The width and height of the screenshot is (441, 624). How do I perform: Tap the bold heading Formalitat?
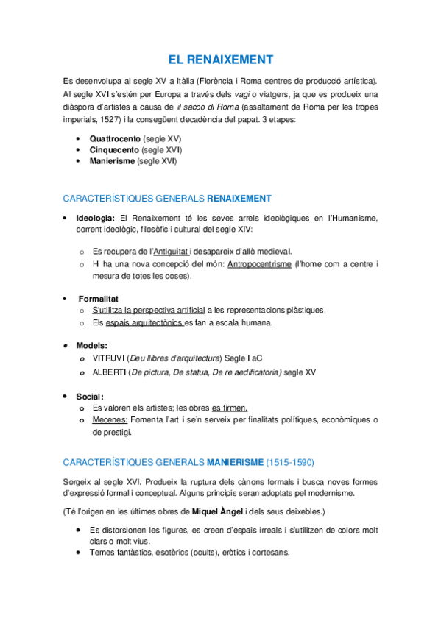pyautogui.click(x=98, y=299)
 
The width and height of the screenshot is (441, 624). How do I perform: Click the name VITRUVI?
pyautogui.click(x=107, y=358)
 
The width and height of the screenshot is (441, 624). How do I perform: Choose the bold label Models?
pyautogui.click(x=91, y=345)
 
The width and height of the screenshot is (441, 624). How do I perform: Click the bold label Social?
pyautogui.click(x=91, y=397)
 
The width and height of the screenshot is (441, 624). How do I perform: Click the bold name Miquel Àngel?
pyautogui.click(x=218, y=511)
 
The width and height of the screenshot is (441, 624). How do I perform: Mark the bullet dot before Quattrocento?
pyautogui.click(x=79, y=138)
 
